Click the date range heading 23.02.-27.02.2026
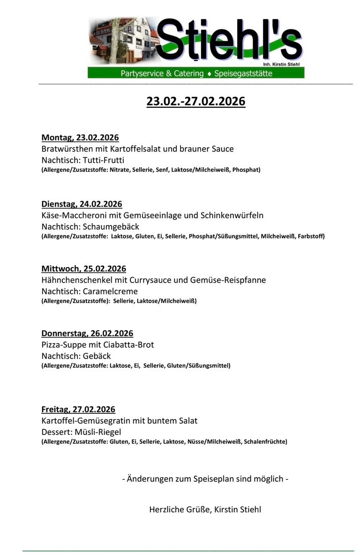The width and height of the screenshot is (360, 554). coord(195,101)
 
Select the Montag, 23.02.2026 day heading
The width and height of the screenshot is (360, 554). coord(80,137)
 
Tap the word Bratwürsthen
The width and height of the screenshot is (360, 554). coord(64,149)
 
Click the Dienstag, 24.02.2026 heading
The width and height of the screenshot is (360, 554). coord(82,204)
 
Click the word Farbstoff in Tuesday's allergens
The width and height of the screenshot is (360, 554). coord(312,236)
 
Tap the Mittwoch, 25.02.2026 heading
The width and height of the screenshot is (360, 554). coord(84,269)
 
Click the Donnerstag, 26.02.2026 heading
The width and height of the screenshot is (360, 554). coord(87,333)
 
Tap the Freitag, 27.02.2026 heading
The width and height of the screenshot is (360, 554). coord(78,409)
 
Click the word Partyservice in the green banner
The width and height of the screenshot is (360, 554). coord(143,73)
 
